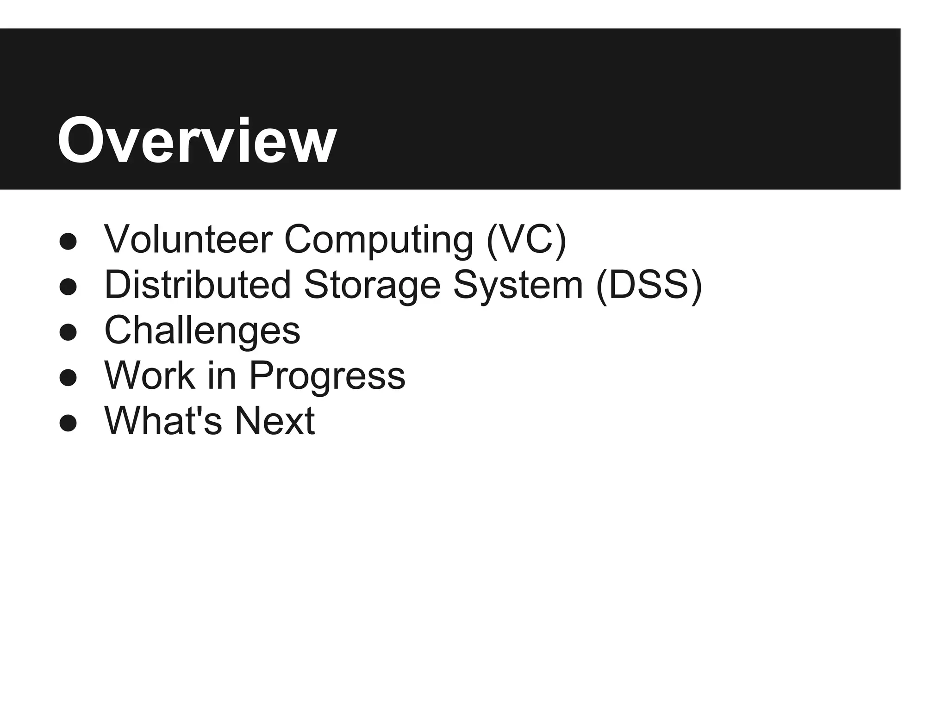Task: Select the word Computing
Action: pyautogui.click(x=378, y=240)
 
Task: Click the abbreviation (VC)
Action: pyautogui.click(x=526, y=240)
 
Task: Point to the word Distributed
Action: pyautogui.click(x=198, y=285)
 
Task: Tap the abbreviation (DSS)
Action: pyautogui.click(x=649, y=285)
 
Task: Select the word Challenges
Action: pyautogui.click(x=202, y=330)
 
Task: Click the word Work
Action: pyautogui.click(x=150, y=375)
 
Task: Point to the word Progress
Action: pyautogui.click(x=327, y=375)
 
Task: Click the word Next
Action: pyautogui.click(x=274, y=421)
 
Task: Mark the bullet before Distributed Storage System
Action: pyautogui.click(x=68, y=287)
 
